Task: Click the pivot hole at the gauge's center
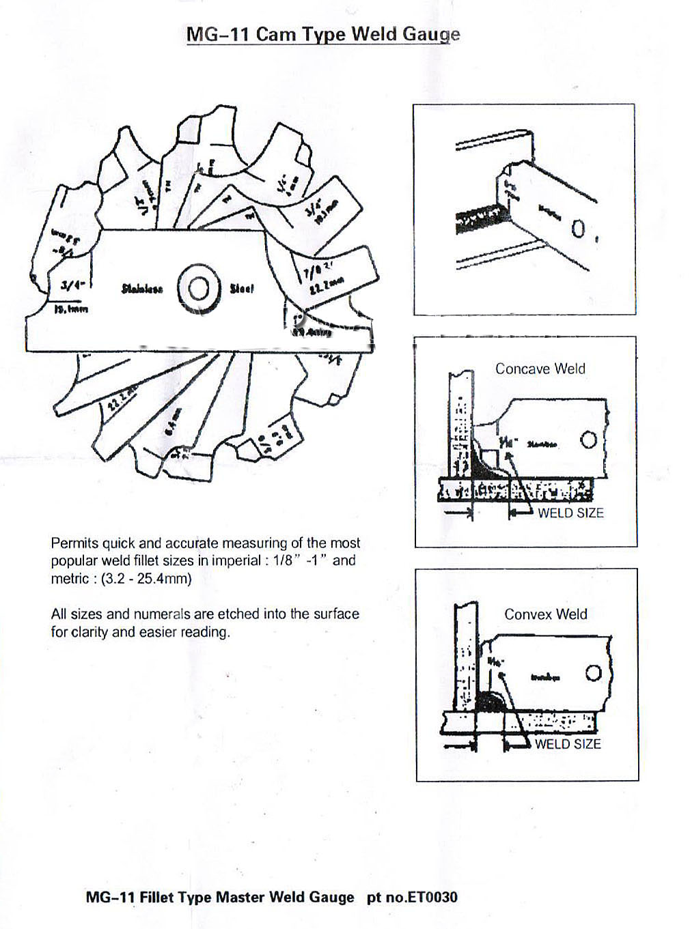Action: [198, 289]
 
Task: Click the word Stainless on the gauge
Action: [142, 289]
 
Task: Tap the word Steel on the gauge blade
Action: [242, 289]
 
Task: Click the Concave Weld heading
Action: [540, 369]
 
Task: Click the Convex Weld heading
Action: [545, 614]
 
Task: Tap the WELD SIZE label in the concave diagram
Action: [570, 513]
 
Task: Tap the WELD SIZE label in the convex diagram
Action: [567, 743]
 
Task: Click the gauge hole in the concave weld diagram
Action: [588, 440]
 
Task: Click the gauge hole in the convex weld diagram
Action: [593, 674]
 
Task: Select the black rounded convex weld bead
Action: [489, 701]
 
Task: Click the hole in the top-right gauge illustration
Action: [577, 228]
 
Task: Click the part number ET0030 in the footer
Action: [432, 896]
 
